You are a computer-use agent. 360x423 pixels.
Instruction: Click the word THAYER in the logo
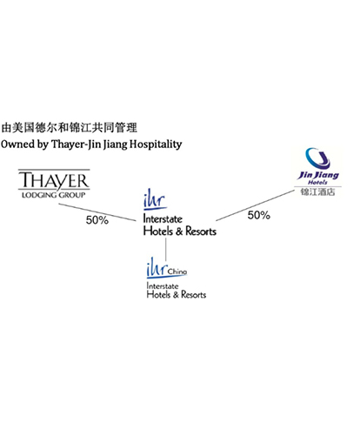point(54,180)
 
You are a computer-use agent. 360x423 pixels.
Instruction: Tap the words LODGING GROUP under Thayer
point(54,195)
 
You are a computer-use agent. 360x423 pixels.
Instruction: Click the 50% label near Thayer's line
point(97,220)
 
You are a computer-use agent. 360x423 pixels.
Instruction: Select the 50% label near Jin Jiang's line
point(259,215)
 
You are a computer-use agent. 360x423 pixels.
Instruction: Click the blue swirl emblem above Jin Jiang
point(318,158)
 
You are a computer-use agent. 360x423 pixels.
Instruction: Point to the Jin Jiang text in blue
point(318,175)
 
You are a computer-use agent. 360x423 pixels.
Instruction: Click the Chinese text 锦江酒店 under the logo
point(317,191)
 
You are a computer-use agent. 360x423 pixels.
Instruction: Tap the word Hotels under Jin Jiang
point(317,183)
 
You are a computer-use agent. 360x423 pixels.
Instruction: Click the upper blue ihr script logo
point(155,199)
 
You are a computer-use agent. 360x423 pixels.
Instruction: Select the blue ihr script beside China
point(157,268)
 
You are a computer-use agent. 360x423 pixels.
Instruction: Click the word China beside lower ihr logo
point(177,272)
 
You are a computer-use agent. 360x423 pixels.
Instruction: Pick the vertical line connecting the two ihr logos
point(166,250)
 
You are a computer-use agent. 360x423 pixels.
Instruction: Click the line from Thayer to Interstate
point(97,212)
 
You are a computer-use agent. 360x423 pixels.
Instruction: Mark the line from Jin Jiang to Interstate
point(255,205)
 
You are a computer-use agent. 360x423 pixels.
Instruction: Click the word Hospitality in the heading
point(156,144)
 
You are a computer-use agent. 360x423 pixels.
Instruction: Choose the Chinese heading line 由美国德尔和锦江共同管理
point(69,128)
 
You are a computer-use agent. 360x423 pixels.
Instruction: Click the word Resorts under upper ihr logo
point(201,232)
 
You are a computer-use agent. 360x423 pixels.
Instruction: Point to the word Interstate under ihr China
point(163,286)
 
